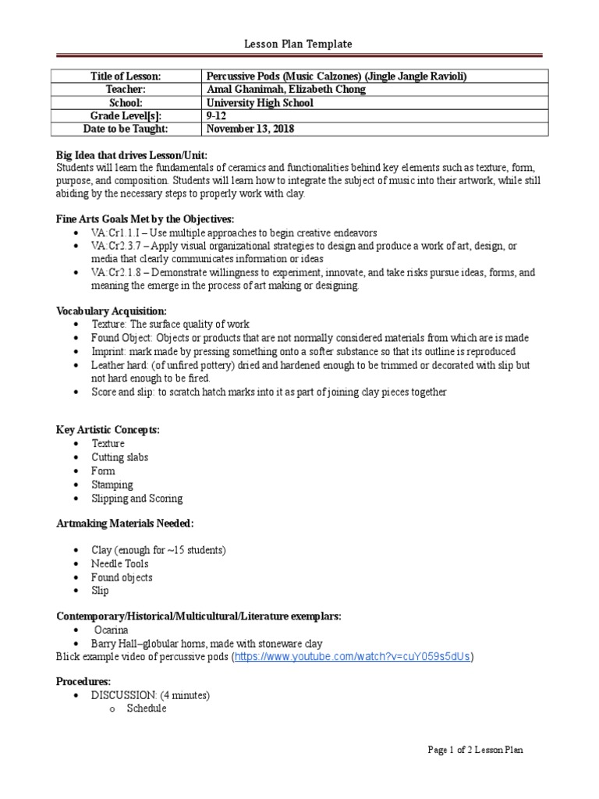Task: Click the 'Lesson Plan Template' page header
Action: coord(299,44)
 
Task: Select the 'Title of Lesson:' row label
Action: coord(125,76)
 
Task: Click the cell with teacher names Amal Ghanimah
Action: coord(285,89)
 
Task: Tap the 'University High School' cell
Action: coord(260,102)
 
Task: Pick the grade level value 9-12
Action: coord(218,115)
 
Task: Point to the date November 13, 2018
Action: coord(251,129)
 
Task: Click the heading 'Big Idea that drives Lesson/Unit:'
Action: coord(132,154)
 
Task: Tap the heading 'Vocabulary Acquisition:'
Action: coord(111,311)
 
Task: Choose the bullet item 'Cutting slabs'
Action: coord(119,457)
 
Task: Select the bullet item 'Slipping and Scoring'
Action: coord(136,498)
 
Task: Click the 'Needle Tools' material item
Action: coord(119,563)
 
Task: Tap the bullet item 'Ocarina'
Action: coord(112,630)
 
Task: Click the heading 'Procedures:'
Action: coord(83,681)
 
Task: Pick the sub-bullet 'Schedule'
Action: coord(146,708)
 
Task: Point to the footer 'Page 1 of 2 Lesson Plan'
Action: coord(476,750)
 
